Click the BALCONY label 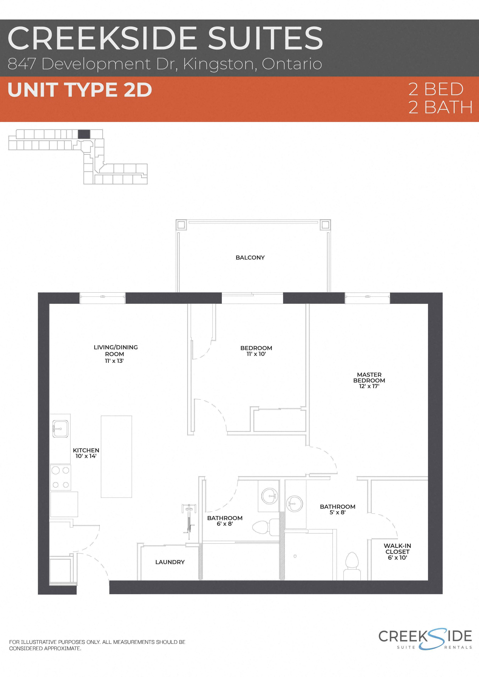tap(250, 257)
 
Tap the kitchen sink tap(60, 429)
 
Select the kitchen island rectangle tap(116, 456)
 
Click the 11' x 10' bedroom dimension tap(256, 354)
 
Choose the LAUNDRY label tap(170, 562)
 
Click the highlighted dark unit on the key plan tap(84, 134)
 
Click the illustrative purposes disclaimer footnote tap(97, 645)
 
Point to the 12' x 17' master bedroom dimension tap(369, 386)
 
